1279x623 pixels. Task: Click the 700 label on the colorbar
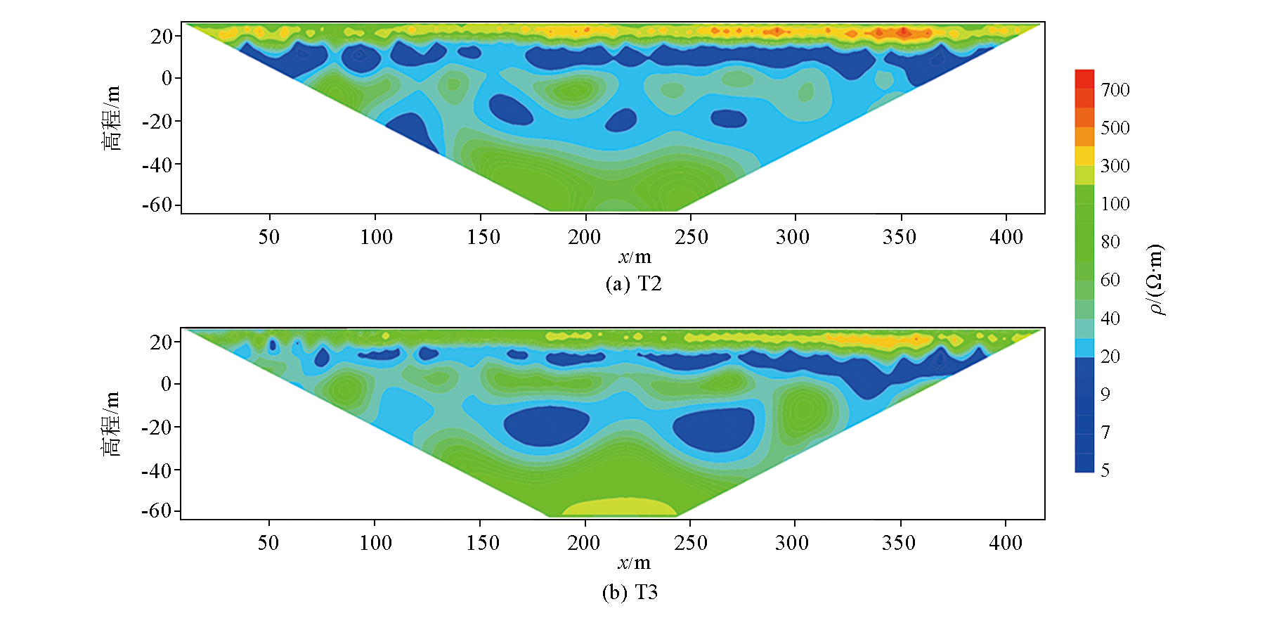(1115, 90)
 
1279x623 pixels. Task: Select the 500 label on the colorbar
(1115, 128)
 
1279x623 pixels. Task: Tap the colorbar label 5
(1105, 470)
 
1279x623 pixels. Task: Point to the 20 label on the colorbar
(1110, 357)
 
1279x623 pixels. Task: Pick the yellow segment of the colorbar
(1084, 155)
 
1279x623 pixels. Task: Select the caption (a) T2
(633, 284)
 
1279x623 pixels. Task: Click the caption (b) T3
(630, 593)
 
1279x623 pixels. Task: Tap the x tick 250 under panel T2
(691, 237)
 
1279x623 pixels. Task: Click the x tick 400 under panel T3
(1006, 543)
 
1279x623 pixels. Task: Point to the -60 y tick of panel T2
(157, 205)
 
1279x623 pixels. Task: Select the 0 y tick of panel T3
(166, 385)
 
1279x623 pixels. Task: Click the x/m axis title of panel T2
(635, 257)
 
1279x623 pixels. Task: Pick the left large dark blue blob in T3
(546, 425)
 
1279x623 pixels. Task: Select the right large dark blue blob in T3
(714, 430)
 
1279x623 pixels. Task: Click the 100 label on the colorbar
(1115, 204)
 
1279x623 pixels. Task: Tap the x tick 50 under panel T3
(268, 543)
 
